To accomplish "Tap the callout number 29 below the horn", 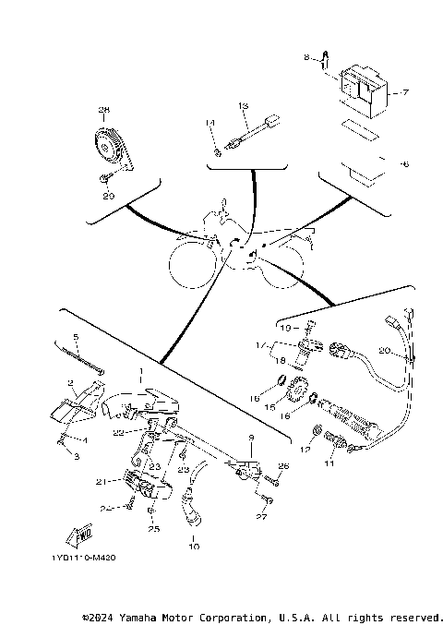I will [108, 196].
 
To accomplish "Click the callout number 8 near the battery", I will [307, 58].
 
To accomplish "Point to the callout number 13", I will [244, 107].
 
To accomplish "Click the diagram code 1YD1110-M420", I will [78, 559].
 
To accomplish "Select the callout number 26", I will [283, 466].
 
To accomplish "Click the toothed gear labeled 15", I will [297, 395].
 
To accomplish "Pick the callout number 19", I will [285, 328].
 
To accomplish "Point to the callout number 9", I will [248, 437].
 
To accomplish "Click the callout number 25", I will [153, 529].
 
